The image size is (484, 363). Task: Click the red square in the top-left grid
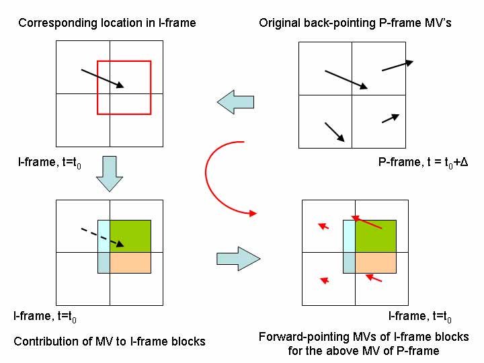(124, 61)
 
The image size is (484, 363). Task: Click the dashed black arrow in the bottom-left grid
(101, 236)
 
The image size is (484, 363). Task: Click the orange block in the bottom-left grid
(130, 262)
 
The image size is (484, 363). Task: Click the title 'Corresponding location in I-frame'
(107, 23)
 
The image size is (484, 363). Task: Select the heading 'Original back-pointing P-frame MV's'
(355, 23)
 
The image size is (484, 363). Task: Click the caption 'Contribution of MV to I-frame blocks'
(110, 341)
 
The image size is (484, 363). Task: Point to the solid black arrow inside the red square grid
(102, 77)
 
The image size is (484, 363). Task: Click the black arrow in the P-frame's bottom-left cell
(334, 132)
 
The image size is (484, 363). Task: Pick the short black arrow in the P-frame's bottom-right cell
(391, 118)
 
